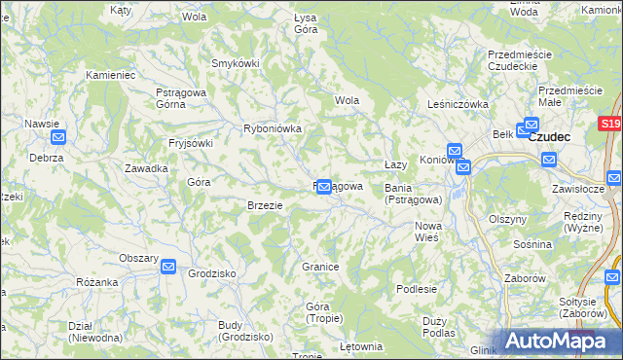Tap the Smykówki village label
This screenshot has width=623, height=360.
pyautogui.click(x=235, y=63)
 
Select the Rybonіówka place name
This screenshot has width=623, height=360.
pyautogui.click(x=273, y=128)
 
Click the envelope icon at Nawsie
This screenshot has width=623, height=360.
pyautogui.click(x=58, y=138)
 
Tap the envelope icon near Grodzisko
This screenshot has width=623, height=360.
pyautogui.click(x=168, y=266)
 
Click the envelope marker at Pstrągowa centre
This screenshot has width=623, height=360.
pyautogui.click(x=323, y=186)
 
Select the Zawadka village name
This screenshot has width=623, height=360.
pyautogui.click(x=146, y=168)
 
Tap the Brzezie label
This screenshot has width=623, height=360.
pyautogui.click(x=265, y=205)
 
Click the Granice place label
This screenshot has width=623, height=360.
pyautogui.click(x=319, y=267)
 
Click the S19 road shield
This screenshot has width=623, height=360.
pyautogui.click(x=610, y=125)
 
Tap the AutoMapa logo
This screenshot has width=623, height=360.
pyautogui.click(x=559, y=341)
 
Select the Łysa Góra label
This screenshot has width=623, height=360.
pyautogui.click(x=306, y=23)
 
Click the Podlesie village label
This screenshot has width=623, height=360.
pyautogui.click(x=417, y=289)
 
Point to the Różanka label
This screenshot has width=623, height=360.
pyautogui.click(x=96, y=282)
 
